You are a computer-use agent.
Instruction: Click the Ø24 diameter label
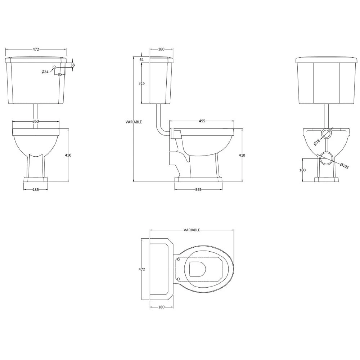(x=45, y=72)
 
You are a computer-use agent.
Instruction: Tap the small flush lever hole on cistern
(x=54, y=67)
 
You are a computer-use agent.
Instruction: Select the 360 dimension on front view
(x=36, y=122)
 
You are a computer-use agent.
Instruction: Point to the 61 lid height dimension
(x=141, y=60)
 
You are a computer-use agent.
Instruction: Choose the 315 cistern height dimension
(x=141, y=83)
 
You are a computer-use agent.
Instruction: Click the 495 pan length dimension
(x=202, y=121)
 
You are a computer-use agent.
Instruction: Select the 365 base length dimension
(x=198, y=189)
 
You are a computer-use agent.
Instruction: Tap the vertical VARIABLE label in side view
(x=134, y=122)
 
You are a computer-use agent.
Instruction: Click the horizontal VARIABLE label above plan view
(x=192, y=230)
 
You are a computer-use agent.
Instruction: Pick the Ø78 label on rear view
(x=316, y=142)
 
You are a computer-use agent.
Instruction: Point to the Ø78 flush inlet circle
(x=326, y=134)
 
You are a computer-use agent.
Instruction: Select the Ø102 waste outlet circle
(x=327, y=158)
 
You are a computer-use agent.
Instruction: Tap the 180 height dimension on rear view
(x=302, y=170)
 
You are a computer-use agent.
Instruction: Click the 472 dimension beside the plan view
(x=141, y=269)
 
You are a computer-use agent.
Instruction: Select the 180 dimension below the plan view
(x=161, y=307)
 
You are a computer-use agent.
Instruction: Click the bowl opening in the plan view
(x=197, y=269)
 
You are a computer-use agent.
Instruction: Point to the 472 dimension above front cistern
(x=36, y=49)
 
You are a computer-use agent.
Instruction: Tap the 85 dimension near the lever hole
(x=60, y=74)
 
